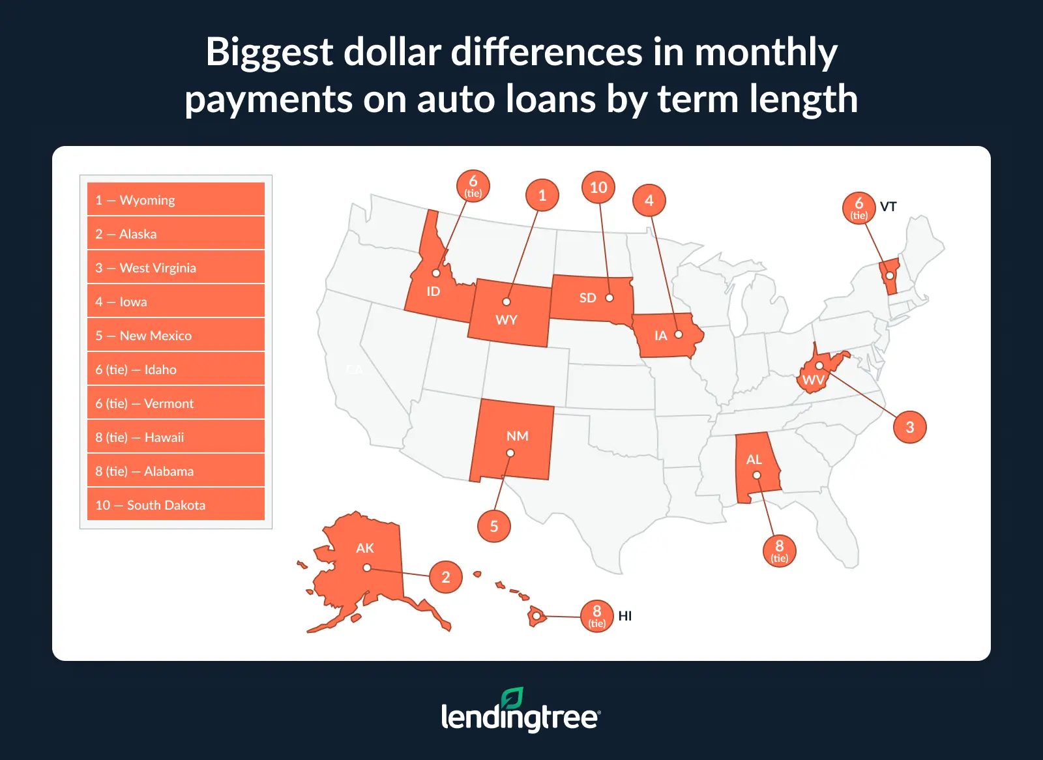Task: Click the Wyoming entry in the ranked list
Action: pyautogui.click(x=175, y=200)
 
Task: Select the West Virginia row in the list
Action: pyautogui.click(x=175, y=268)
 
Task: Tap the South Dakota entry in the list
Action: pyautogui.click(x=175, y=505)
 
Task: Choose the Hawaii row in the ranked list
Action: pyautogui.click(x=175, y=437)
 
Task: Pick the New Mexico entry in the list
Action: pyautogui.click(x=175, y=336)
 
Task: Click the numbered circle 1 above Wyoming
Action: pyautogui.click(x=542, y=195)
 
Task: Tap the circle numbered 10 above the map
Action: pyautogui.click(x=598, y=188)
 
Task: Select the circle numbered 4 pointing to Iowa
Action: pyautogui.click(x=649, y=200)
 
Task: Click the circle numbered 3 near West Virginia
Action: pyautogui.click(x=909, y=427)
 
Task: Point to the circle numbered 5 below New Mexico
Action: pyautogui.click(x=493, y=526)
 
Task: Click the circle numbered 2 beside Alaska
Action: pyautogui.click(x=445, y=577)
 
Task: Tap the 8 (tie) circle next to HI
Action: pyautogui.click(x=596, y=616)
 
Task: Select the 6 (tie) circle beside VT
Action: pyautogui.click(x=859, y=208)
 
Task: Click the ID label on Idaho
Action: pyautogui.click(x=433, y=291)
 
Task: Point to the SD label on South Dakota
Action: pyautogui.click(x=587, y=298)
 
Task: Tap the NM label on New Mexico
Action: pyautogui.click(x=517, y=435)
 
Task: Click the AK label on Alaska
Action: pyautogui.click(x=364, y=548)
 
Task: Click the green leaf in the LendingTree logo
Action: pyautogui.click(x=512, y=698)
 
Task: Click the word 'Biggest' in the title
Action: pyautogui.click(x=269, y=52)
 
